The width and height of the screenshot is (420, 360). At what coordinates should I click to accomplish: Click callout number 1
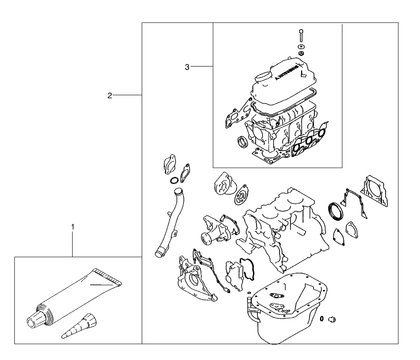(73, 227)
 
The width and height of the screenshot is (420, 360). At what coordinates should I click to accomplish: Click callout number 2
(110, 95)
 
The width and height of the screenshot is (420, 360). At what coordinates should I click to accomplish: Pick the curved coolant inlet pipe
(167, 222)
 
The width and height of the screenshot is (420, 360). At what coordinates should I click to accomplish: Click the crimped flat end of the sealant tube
(109, 278)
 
